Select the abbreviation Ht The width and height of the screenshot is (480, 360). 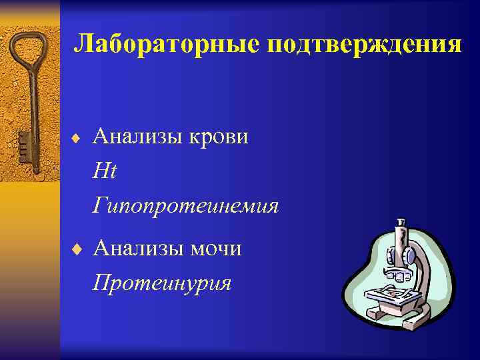coord(105,171)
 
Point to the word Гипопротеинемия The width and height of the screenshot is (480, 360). coord(186,206)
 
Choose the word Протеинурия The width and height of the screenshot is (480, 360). coord(163,283)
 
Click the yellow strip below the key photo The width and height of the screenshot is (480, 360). coord(29,267)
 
